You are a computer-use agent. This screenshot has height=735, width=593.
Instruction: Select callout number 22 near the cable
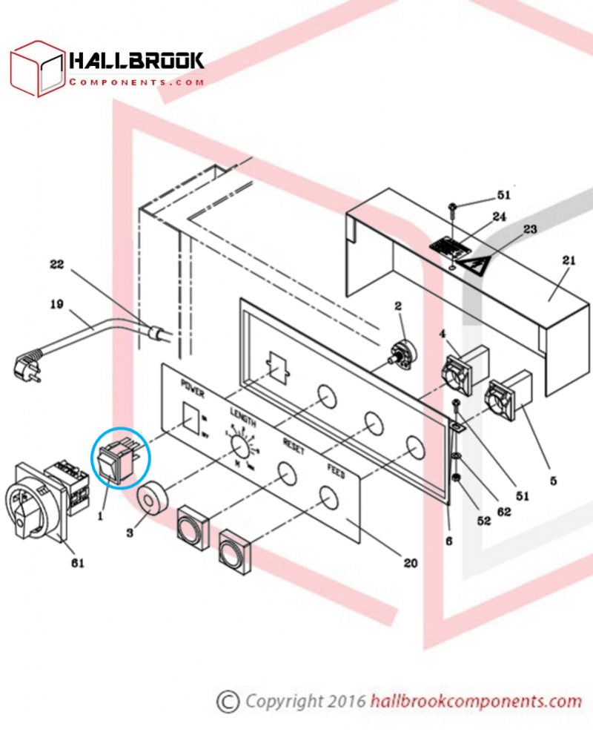(x=58, y=264)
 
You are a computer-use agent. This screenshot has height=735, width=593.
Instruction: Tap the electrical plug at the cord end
(x=25, y=363)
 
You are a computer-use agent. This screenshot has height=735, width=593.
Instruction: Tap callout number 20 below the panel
(x=409, y=563)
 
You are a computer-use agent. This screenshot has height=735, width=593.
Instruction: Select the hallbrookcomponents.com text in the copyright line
(x=475, y=701)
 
